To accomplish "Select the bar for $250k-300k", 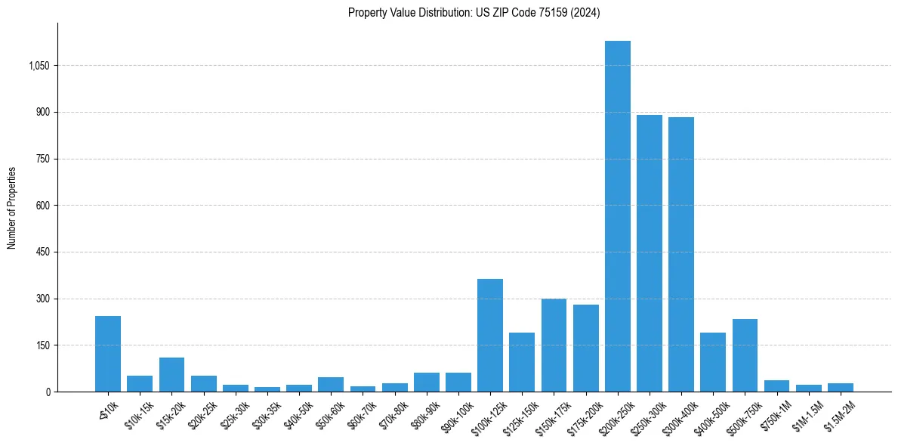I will click(x=649, y=253).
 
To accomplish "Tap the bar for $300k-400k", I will click(x=680, y=255).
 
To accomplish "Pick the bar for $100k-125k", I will click(x=490, y=335).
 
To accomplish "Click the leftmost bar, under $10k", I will click(x=108, y=354).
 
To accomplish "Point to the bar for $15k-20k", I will click(x=171, y=374).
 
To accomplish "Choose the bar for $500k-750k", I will click(x=745, y=355).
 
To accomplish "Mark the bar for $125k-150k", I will click(x=522, y=362).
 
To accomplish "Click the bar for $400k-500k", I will click(x=713, y=362).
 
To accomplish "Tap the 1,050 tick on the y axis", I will click(x=39, y=66).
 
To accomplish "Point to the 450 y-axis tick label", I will click(x=43, y=252).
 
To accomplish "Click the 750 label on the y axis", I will click(x=43, y=159).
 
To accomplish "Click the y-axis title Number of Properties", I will click(x=12, y=208).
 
